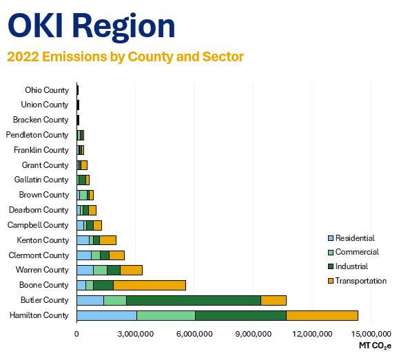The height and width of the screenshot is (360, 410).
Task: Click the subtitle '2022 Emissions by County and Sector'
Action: pos(125,56)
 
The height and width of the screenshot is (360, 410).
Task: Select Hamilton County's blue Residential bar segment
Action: pos(107,315)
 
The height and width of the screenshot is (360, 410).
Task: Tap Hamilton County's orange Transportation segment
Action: pos(322,315)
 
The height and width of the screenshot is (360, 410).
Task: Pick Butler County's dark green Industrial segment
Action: pos(194,300)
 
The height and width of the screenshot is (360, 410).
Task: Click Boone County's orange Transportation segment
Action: pos(150,285)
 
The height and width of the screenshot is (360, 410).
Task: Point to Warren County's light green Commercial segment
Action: pos(100,270)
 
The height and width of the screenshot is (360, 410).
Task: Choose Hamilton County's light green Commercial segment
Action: pos(166,315)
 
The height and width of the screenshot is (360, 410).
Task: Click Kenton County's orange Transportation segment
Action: pos(108,240)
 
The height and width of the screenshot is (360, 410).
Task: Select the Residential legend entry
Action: pos(351,238)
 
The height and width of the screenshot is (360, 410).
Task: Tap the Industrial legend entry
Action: pos(348,266)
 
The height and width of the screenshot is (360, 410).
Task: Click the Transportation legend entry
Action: pos(357,281)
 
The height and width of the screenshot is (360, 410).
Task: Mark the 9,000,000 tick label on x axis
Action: pos(253,334)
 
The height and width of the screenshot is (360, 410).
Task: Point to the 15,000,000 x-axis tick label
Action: pos(371,334)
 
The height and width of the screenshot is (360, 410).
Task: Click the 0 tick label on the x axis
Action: pos(76,334)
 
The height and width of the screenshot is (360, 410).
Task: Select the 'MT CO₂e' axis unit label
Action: pos(375,346)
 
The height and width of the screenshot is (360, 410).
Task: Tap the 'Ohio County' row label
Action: pos(47,90)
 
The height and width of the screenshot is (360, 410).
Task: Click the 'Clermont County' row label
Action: pos(39,255)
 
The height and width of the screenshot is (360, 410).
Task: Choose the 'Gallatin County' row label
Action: pos(41,180)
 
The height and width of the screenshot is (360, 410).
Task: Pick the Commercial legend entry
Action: pos(353,252)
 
